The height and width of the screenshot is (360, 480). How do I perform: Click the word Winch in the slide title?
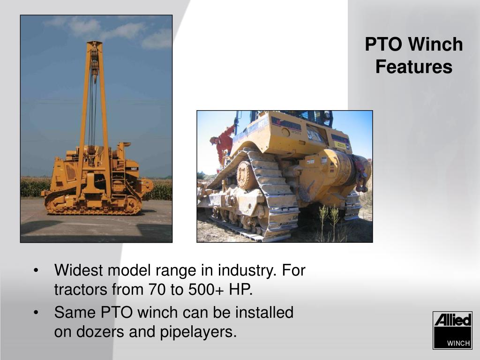tap(435, 44)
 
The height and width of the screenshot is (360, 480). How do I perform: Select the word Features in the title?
tap(414, 67)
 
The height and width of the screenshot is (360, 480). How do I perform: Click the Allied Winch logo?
tap(452, 330)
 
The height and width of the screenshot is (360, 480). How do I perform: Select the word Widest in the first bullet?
tap(79, 270)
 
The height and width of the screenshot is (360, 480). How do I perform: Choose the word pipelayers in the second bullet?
tap(198, 332)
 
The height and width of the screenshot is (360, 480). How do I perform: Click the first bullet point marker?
tap(36, 270)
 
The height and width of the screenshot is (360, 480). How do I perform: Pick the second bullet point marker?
tap(36, 313)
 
